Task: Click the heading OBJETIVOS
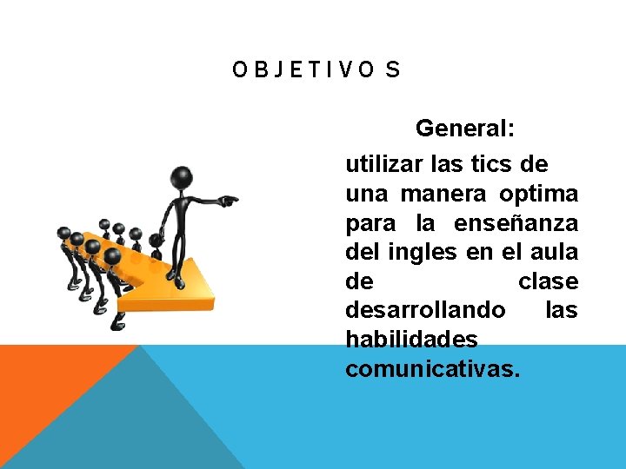point(316,70)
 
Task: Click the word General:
point(465,129)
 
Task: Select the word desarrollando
point(424,310)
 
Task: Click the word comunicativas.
point(432,369)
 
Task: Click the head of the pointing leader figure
point(181,179)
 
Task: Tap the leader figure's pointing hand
point(230,201)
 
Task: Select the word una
point(364,194)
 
